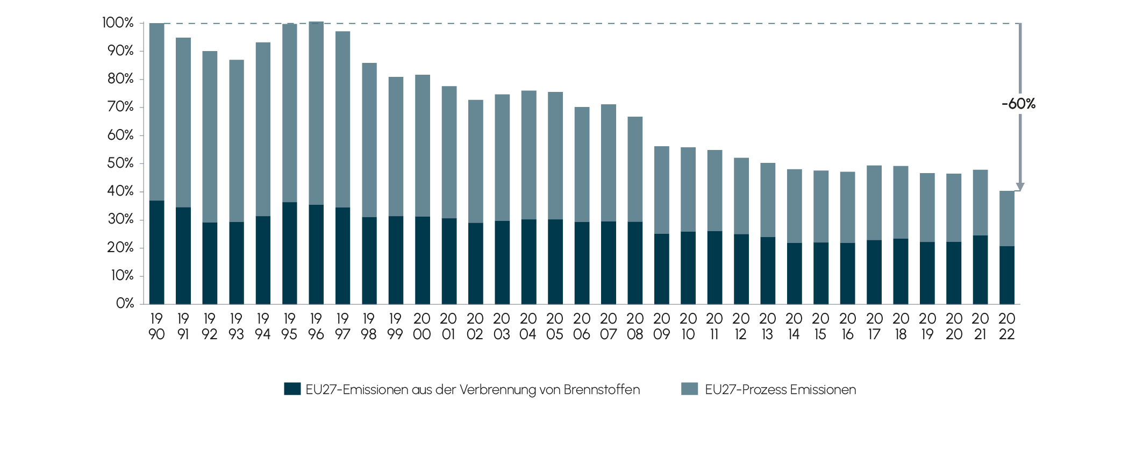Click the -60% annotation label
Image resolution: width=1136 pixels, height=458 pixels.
tap(1018, 104)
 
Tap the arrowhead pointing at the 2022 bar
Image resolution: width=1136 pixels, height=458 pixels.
tap(1020, 187)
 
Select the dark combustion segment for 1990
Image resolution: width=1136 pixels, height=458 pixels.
tap(156, 252)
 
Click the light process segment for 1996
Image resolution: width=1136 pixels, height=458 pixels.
tap(316, 113)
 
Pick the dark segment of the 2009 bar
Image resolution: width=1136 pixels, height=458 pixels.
tap(661, 269)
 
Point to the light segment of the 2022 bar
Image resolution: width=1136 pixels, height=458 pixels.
tap(1006, 218)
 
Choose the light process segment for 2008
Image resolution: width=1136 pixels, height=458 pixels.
tap(635, 169)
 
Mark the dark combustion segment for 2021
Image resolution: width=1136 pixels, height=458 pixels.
tap(980, 269)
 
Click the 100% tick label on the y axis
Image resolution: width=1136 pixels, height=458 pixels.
tap(118, 23)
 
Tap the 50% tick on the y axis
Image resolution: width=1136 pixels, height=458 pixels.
tap(120, 163)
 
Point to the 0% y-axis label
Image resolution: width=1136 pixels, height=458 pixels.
tap(125, 304)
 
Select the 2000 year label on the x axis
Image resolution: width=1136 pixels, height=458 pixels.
tap(422, 327)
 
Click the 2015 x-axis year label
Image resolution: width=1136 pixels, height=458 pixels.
tap(820, 327)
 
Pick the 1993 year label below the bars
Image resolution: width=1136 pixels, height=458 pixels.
tap(236, 327)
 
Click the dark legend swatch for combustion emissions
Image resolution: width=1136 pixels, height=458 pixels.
tap(292, 389)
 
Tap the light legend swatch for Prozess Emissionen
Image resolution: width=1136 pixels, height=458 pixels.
tap(689, 389)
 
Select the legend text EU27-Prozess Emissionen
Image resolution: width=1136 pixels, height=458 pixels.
tap(780, 390)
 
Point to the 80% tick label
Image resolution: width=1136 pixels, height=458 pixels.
tap(120, 79)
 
